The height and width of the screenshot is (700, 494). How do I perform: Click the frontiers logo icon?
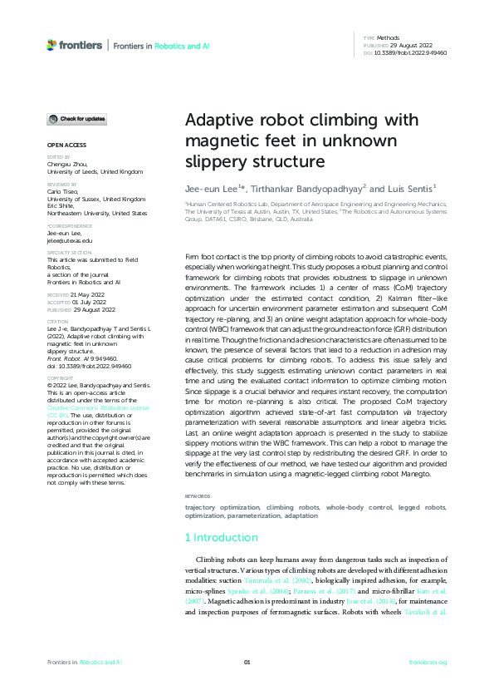pyautogui.click(x=51, y=45)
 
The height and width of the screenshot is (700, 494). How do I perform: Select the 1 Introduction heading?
pyautogui.click(x=221, y=538)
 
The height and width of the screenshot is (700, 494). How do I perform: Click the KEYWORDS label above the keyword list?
pyautogui.click(x=198, y=496)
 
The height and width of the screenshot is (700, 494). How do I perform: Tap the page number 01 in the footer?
pyautogui.click(x=247, y=662)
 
